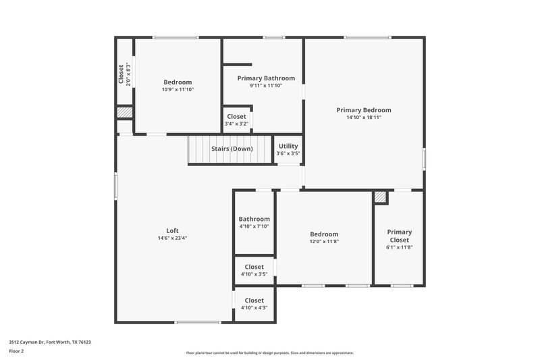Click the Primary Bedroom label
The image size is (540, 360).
pyautogui.click(x=364, y=110)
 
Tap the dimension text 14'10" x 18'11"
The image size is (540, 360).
pyautogui.click(x=364, y=118)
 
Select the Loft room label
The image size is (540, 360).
pyautogui.click(x=173, y=230)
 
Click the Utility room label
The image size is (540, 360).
pyautogui.click(x=288, y=146)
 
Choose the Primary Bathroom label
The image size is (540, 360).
pyautogui.click(x=266, y=78)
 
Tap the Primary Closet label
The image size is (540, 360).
pyautogui.click(x=399, y=236)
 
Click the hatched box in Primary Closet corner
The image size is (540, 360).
pyautogui.click(x=381, y=197)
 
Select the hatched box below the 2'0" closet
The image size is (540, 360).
pyautogui.click(x=124, y=113)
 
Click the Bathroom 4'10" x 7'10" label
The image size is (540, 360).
pyautogui.click(x=254, y=219)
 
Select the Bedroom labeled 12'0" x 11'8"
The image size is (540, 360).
pyautogui.click(x=324, y=234)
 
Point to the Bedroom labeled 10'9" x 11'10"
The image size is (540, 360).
pyautogui.click(x=178, y=82)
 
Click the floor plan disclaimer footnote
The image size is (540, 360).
pyautogui.click(x=270, y=353)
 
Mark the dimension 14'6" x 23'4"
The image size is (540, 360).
pyautogui.click(x=173, y=238)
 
